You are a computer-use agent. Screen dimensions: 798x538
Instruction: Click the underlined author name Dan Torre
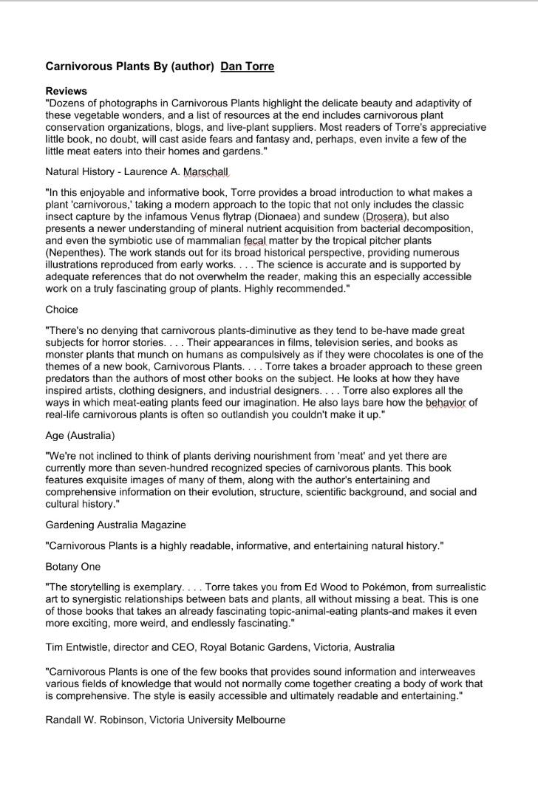point(248,66)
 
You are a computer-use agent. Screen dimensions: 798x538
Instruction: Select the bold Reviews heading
point(67,92)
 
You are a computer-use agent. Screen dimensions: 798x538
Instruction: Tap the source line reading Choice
point(61,310)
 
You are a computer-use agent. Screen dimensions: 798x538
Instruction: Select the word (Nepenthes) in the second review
point(74,253)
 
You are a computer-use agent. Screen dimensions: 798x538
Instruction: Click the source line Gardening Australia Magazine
point(115,525)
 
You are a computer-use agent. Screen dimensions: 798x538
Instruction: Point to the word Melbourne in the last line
point(259,720)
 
